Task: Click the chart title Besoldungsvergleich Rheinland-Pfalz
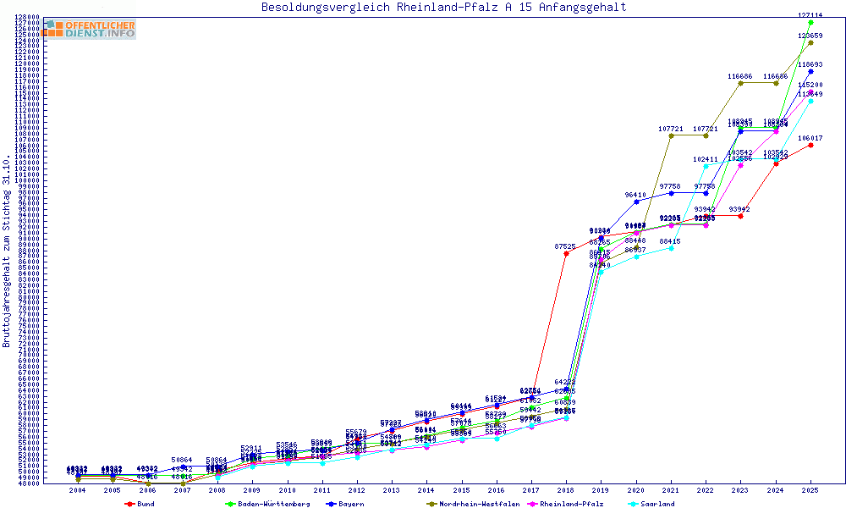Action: (443, 8)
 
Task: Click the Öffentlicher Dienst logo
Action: (90, 29)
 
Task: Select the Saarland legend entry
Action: (656, 504)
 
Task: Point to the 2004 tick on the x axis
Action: (78, 490)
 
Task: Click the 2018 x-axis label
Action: (566, 490)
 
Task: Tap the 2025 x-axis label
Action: (810, 490)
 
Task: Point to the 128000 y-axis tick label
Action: (28, 17)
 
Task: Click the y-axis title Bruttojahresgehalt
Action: (8, 251)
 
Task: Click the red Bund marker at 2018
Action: (566, 253)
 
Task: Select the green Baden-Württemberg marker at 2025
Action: (810, 23)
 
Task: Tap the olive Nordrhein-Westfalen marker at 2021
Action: (671, 135)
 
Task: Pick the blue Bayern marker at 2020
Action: (636, 202)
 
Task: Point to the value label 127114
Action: (810, 15)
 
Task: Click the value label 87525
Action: (565, 246)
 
